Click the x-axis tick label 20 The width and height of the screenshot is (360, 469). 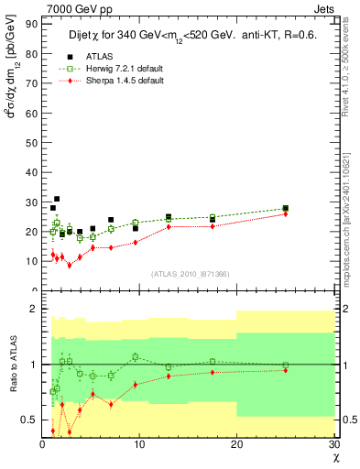pyautogui.click(x=236, y=444)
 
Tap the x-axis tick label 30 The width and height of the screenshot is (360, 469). pyautogui.click(x=333, y=444)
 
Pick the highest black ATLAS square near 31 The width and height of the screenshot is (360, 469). pyautogui.click(x=57, y=199)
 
